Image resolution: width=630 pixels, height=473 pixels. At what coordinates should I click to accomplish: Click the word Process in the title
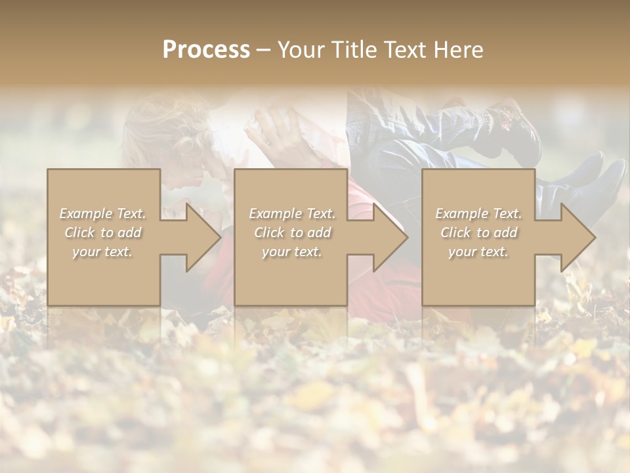pos(206,50)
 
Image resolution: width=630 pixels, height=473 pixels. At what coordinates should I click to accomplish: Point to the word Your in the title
pos(301,50)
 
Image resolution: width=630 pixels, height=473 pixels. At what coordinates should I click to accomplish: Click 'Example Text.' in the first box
pos(102,214)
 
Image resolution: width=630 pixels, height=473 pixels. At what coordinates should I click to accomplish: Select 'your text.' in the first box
pos(102,252)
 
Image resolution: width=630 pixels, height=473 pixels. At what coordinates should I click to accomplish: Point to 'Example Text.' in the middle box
pos(292,214)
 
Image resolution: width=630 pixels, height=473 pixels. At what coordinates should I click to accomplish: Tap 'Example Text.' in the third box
pos(478,214)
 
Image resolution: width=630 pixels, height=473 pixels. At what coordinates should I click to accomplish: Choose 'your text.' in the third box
pos(478,252)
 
